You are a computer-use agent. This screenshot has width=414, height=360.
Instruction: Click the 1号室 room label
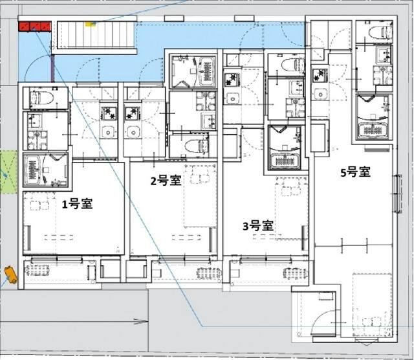click(77, 204)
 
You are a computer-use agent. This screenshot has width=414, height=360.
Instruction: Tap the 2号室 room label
click(166, 181)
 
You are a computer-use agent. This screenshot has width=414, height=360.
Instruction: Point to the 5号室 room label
click(355, 172)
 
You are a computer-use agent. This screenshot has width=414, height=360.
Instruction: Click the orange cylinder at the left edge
click(11, 275)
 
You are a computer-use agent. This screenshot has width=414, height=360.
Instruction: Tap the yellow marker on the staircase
click(90, 24)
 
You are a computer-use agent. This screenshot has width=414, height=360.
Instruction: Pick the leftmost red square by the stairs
click(24, 27)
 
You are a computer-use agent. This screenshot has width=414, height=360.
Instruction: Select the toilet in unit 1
click(43, 98)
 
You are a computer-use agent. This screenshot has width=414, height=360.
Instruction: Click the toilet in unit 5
click(375, 32)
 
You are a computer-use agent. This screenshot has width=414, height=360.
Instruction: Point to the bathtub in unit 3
click(285, 148)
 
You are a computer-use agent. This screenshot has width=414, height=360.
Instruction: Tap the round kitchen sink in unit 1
click(108, 133)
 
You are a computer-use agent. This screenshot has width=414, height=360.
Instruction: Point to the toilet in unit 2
click(195, 145)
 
